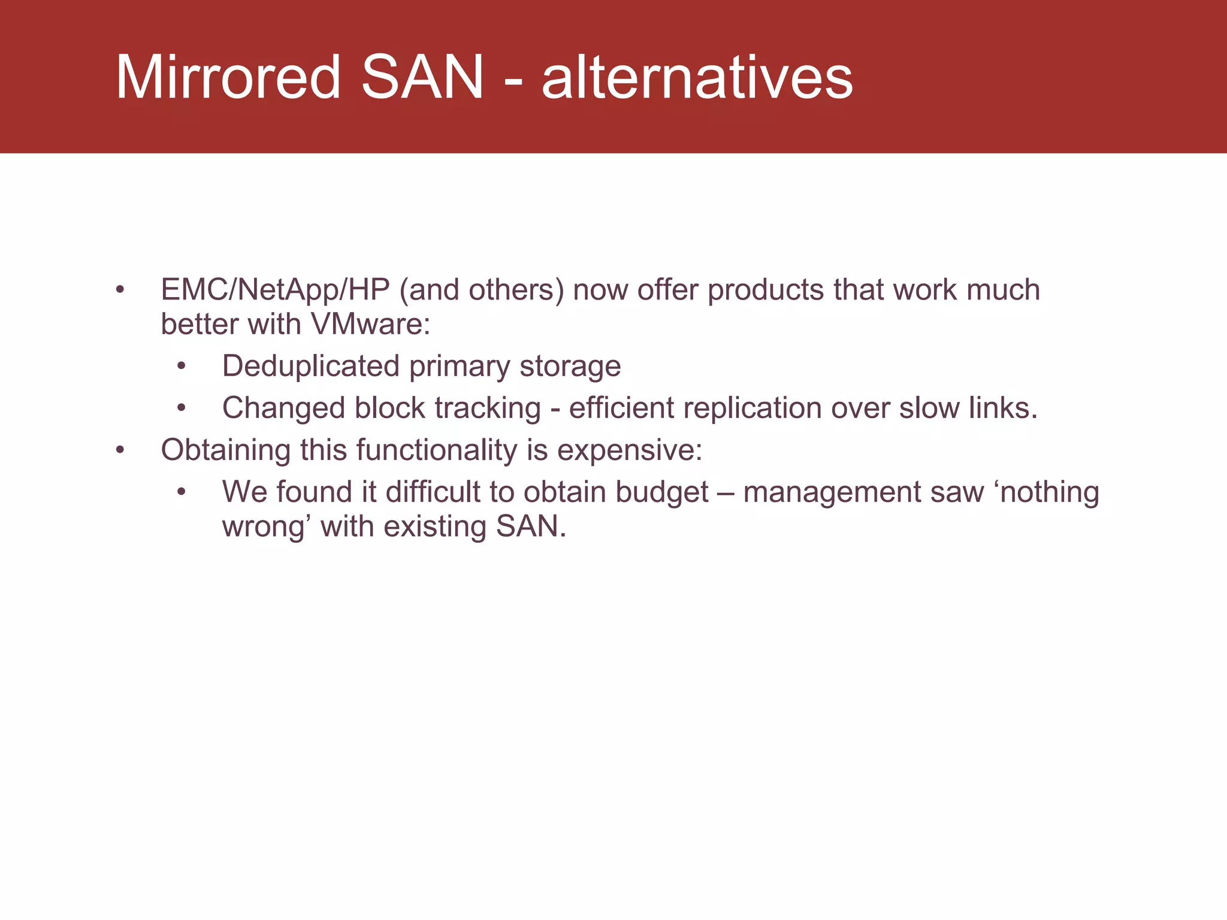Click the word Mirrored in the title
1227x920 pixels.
[228, 77]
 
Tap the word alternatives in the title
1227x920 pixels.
[697, 77]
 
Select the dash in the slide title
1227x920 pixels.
[513, 81]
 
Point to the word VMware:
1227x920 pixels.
[370, 325]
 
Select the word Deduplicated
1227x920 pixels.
[310, 366]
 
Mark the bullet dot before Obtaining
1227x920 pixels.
[120, 450]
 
